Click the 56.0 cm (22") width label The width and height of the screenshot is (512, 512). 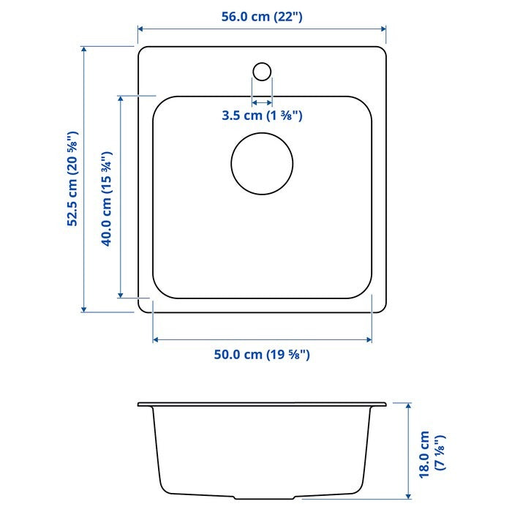(x=262, y=17)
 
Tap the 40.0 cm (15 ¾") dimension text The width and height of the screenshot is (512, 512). (x=107, y=198)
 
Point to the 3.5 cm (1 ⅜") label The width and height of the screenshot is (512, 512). (x=262, y=116)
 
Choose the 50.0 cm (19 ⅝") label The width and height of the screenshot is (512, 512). (x=262, y=355)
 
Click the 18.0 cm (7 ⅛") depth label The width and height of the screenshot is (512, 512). (x=431, y=453)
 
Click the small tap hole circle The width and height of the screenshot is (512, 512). (x=262, y=71)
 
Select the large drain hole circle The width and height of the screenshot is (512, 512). (x=262, y=163)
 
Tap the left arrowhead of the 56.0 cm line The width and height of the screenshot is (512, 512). (x=141, y=30)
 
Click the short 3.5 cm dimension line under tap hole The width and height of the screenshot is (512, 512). (x=262, y=102)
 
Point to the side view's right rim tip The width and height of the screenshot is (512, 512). (x=385, y=404)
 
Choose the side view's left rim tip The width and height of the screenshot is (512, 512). (x=139, y=404)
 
